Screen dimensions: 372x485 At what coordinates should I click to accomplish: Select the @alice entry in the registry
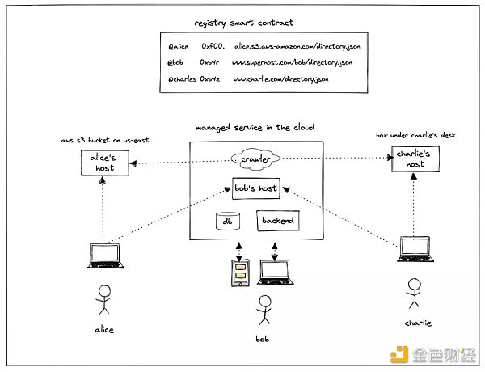[x=179, y=49]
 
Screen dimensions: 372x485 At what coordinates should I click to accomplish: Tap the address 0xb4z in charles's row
[x=212, y=80]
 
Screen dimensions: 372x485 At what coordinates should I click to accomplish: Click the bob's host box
[x=255, y=188]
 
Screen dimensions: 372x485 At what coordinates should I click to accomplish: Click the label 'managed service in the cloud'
[x=255, y=129]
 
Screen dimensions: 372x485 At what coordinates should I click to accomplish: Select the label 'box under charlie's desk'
[x=417, y=134]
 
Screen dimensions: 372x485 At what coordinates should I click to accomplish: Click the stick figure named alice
[x=103, y=300]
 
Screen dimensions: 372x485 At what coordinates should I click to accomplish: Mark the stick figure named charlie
[x=414, y=293]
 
